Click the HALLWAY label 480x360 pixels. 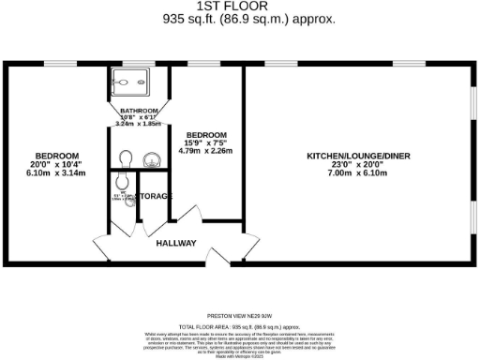point(176,243)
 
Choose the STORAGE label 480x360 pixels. point(153,196)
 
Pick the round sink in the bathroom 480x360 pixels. point(150,160)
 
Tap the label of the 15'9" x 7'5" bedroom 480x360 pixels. point(205,135)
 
